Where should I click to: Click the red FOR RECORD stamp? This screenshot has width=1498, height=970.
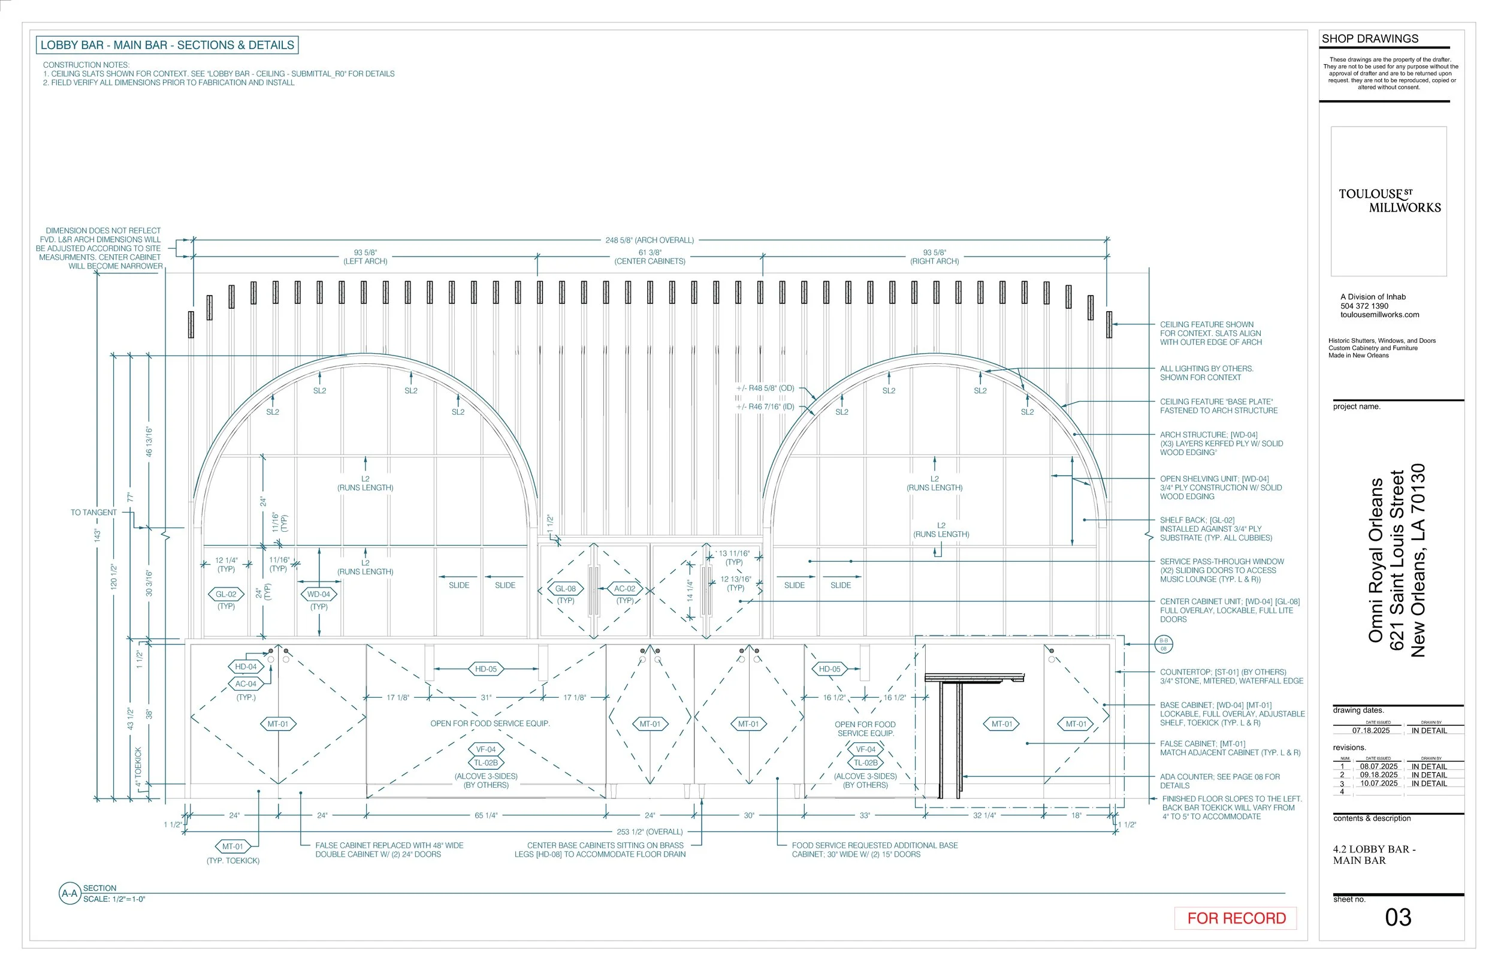(x=1236, y=918)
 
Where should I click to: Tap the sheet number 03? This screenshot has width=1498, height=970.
(x=1397, y=917)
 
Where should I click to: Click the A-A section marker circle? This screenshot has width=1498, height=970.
(x=70, y=893)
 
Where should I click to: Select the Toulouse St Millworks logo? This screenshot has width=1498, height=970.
(x=1388, y=201)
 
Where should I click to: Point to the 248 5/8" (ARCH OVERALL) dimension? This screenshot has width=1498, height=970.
(x=649, y=240)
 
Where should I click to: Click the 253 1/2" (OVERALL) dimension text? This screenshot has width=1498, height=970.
(x=649, y=832)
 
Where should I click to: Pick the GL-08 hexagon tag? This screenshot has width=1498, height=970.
(x=565, y=588)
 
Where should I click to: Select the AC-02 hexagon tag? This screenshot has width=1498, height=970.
(x=624, y=588)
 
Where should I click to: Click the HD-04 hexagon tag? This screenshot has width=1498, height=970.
(x=246, y=667)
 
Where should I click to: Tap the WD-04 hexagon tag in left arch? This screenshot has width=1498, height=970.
(x=319, y=594)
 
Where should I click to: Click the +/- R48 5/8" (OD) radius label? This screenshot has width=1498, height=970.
(x=765, y=388)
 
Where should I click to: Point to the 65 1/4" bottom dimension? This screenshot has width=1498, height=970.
(x=485, y=815)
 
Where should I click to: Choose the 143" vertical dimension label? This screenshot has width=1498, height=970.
(x=98, y=535)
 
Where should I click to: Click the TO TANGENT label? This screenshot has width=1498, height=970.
(x=94, y=512)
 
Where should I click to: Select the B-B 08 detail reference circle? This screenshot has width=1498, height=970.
(x=1163, y=644)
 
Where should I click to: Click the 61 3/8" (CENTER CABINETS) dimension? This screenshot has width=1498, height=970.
(x=650, y=257)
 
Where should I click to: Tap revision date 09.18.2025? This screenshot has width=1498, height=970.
(x=1378, y=775)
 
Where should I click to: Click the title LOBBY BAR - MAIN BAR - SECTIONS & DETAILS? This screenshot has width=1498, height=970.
(x=167, y=45)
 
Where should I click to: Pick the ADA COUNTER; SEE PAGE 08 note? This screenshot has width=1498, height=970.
(x=1219, y=781)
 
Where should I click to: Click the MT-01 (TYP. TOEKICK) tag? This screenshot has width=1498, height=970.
(x=232, y=847)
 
